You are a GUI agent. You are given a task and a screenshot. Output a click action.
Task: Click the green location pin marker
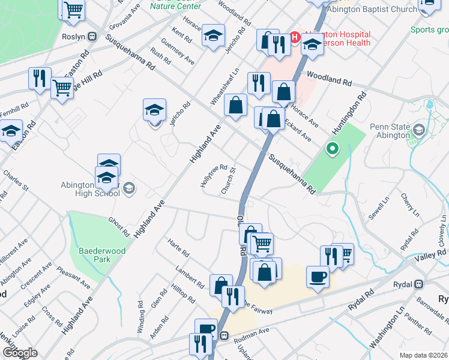[331, 148]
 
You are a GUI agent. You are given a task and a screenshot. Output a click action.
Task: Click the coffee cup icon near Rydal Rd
[318, 277]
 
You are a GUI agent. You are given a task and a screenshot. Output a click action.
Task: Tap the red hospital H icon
[295, 37]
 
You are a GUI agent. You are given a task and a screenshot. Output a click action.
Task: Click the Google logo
[19, 353]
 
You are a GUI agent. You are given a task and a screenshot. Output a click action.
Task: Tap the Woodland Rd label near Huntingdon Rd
[329, 78]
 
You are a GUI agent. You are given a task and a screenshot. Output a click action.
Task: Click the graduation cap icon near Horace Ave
[213, 35]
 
